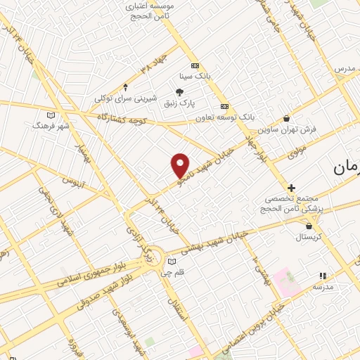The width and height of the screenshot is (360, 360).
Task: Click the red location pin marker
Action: (181, 165)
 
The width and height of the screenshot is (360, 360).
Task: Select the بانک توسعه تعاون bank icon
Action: (224, 106)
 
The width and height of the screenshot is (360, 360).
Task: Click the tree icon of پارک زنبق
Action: (179, 91)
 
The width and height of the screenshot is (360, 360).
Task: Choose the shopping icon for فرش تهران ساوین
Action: (285, 118)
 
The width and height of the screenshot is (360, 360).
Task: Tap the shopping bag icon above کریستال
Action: (309, 226)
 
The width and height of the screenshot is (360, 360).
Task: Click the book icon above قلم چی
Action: (172, 262)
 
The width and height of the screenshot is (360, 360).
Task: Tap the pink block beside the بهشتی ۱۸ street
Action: (287, 281)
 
